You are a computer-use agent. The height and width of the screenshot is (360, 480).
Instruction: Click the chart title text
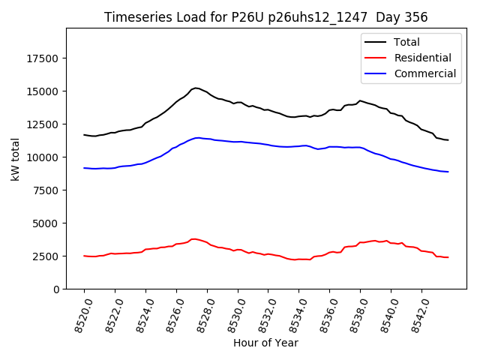(x=265, y=17)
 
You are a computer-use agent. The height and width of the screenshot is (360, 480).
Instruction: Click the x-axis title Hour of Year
(x=265, y=343)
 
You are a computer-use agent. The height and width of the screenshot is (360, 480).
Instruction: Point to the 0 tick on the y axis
(x=57, y=289)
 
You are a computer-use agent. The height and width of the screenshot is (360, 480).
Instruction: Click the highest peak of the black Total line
(x=196, y=88)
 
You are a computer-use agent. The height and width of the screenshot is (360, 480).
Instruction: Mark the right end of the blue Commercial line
(x=448, y=172)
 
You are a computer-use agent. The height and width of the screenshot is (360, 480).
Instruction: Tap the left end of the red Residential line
(x=84, y=256)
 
